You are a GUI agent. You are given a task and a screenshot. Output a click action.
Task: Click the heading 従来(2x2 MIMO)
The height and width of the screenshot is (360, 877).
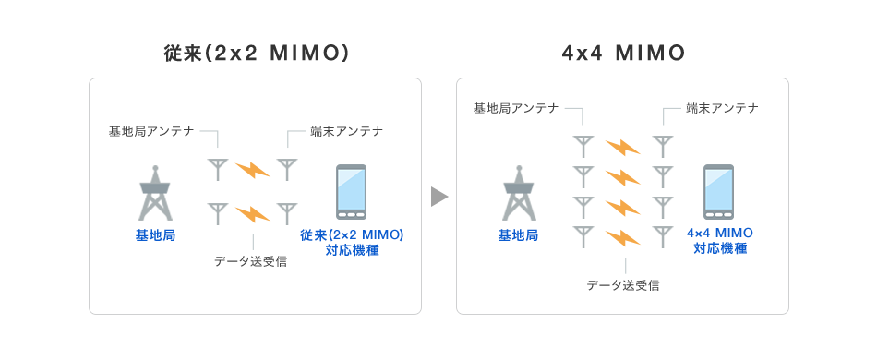(x=255, y=54)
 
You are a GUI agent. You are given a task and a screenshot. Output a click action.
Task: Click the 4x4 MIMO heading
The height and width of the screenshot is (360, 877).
(x=623, y=54)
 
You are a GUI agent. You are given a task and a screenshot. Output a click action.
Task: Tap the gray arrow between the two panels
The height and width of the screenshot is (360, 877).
(x=438, y=196)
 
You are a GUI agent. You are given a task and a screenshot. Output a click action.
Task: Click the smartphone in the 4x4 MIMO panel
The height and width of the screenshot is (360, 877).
(x=719, y=190)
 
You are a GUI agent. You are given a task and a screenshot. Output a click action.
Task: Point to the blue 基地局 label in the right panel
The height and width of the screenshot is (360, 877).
(x=518, y=235)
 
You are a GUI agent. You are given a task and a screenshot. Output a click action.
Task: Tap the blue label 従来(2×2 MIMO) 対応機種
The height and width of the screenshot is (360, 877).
(x=352, y=242)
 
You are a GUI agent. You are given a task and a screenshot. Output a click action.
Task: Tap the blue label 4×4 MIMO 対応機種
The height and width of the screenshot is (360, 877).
(x=720, y=240)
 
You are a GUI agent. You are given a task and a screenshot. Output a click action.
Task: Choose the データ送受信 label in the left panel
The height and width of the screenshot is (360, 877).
(x=250, y=261)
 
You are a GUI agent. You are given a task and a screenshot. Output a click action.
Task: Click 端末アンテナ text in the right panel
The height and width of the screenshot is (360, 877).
(x=723, y=108)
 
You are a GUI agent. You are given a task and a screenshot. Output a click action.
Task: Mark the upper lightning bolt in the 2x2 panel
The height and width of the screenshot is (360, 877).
(x=252, y=170)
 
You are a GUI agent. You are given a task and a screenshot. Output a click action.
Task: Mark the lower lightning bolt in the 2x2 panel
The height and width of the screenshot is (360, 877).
(x=252, y=214)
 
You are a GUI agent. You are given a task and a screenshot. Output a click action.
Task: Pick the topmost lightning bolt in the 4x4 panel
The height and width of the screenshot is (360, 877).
(x=622, y=147)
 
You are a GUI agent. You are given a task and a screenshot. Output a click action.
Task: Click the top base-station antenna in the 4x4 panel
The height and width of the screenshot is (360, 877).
(x=583, y=146)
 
